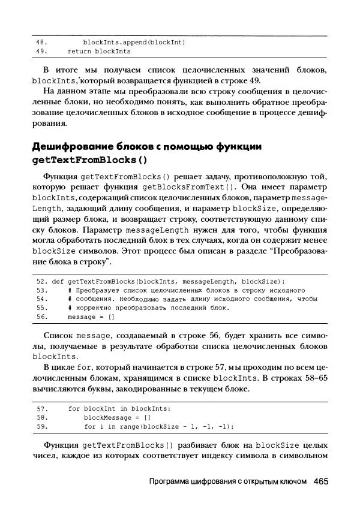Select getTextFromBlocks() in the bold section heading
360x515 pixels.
89,160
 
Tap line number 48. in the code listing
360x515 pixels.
41,43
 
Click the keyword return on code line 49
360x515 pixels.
79,52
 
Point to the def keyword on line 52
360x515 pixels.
58,281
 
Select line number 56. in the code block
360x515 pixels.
41,317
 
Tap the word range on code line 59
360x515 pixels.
125,426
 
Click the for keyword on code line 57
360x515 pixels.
73,408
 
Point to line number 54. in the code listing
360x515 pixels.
41,299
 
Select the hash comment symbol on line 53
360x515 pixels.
70,290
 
